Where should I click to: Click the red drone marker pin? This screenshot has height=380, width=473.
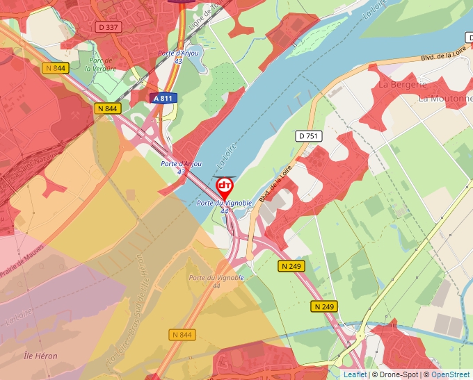point(225,187)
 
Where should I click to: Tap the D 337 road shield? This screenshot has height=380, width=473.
point(109,27)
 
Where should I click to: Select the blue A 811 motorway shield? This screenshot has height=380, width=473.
point(164,99)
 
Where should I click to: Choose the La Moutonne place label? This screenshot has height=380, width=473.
point(446,99)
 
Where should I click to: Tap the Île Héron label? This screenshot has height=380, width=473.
point(40,356)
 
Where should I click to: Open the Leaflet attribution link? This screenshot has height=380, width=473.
point(355,374)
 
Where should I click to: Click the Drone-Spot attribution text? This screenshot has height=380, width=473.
point(394,374)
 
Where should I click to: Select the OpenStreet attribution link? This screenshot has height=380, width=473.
point(450,374)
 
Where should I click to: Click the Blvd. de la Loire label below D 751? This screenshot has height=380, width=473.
point(276,181)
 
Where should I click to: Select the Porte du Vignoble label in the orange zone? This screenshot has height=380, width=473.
point(216,281)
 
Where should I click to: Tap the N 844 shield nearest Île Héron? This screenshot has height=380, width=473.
point(181,335)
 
